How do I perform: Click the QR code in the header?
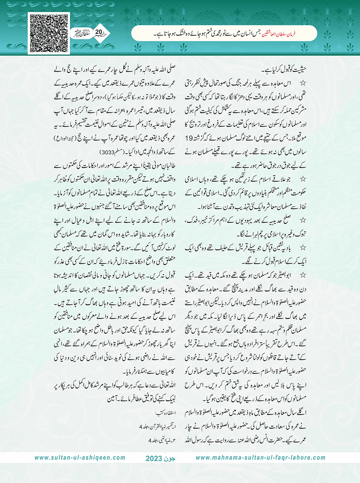[49, 33]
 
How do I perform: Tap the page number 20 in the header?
[98, 32]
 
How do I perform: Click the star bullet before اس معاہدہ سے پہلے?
[303, 84]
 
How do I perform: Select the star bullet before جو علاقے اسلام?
[303, 179]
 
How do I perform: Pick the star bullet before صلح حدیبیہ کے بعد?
[303, 220]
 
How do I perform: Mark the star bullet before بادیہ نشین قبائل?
[303, 248]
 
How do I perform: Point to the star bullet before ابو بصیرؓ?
[303, 275]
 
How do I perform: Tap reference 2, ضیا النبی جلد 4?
[162, 440]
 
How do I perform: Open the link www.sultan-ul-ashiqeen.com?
[80, 458]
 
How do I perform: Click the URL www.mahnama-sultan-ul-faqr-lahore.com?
[260, 458]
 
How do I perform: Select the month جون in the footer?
[170, 458]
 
